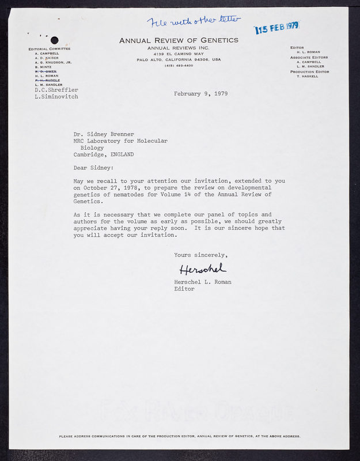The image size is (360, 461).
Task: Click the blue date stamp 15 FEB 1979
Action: (277, 28)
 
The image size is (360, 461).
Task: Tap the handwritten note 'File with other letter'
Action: (193, 22)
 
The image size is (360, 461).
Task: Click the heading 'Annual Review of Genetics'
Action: (179, 40)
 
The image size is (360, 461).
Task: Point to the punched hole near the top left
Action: (55, 40)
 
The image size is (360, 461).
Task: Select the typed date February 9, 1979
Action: (200, 93)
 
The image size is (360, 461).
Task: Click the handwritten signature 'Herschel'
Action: (202, 269)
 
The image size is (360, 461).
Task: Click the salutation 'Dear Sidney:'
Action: (93, 168)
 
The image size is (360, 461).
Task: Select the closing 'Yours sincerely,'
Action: (201, 255)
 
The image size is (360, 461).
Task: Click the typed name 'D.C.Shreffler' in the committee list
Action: (56, 90)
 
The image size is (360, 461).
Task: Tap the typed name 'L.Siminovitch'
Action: (56, 97)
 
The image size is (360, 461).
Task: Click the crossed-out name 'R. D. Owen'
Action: (46, 71)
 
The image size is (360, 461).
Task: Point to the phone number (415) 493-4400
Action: (178, 65)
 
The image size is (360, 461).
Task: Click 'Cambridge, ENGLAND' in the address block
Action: (104, 154)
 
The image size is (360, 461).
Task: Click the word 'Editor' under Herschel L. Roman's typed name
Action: (184, 289)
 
